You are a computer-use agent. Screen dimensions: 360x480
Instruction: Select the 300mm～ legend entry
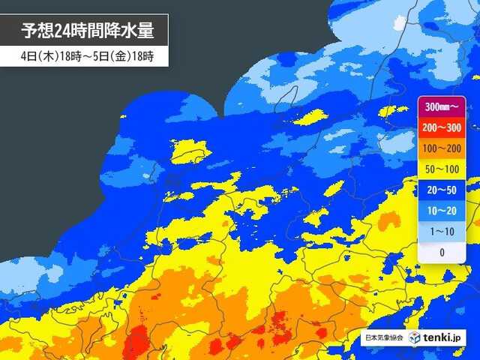pos(442,107)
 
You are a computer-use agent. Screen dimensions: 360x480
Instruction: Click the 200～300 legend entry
pos(442,127)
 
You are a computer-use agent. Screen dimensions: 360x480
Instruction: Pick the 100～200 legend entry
pos(442,148)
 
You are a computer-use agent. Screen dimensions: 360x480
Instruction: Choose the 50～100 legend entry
pos(442,169)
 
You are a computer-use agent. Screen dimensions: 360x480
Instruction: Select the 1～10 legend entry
pos(442,232)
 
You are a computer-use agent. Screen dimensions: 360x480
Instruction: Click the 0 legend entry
pos(442,253)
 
